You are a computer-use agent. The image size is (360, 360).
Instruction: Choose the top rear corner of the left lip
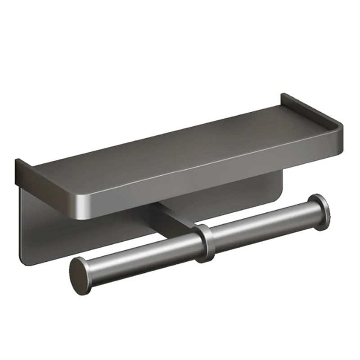(x=17, y=161)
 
